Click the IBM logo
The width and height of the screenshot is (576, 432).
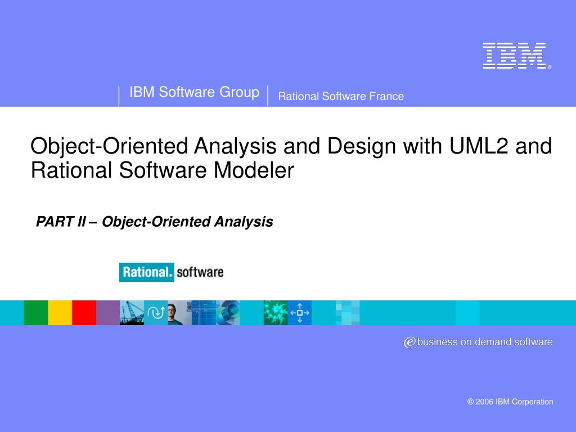[x=514, y=56]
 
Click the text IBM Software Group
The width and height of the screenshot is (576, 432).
[x=194, y=92]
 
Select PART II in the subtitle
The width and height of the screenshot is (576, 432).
[x=61, y=222]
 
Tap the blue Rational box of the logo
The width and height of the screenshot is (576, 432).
[x=147, y=273]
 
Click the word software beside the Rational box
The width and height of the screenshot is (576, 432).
[x=200, y=273]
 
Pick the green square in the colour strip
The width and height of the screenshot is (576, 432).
[x=35, y=313]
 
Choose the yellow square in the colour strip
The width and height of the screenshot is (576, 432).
[x=60, y=313]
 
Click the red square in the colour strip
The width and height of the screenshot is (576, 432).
[x=84, y=313]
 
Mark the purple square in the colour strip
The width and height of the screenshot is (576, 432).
[x=107, y=313]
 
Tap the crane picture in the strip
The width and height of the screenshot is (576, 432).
[x=132, y=313]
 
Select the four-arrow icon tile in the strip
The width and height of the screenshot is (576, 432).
[x=300, y=313]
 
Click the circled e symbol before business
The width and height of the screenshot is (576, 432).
[x=409, y=342]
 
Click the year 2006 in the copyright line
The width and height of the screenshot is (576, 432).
[x=484, y=402]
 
